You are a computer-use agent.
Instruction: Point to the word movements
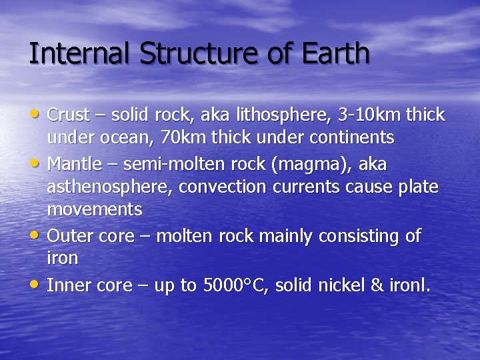[95, 209]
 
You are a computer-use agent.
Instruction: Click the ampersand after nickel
[377, 285]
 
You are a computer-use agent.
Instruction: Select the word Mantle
[71, 164]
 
